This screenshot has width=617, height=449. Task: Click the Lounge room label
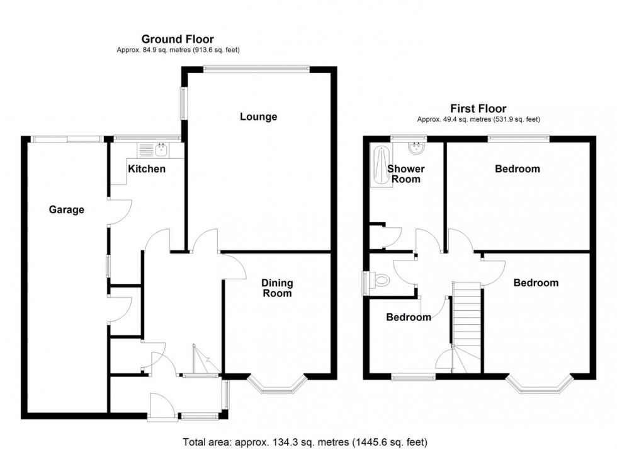[258, 117]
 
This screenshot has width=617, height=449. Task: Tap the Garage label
[67, 210]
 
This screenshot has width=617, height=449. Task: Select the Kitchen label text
[147, 169]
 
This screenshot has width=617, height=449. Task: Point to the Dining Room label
[277, 288]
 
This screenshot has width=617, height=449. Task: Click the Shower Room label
[405, 174]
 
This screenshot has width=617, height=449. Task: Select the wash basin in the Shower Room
[416, 149]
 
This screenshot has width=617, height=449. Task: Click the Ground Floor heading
[178, 39]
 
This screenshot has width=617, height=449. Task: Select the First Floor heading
[478, 108]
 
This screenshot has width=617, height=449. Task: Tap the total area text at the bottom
[305, 441]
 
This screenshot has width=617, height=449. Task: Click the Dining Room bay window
[277, 386]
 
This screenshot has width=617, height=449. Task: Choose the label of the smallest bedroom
[409, 317]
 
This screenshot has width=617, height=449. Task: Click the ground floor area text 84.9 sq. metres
[178, 50]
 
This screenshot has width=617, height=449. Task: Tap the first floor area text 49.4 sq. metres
[478, 119]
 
